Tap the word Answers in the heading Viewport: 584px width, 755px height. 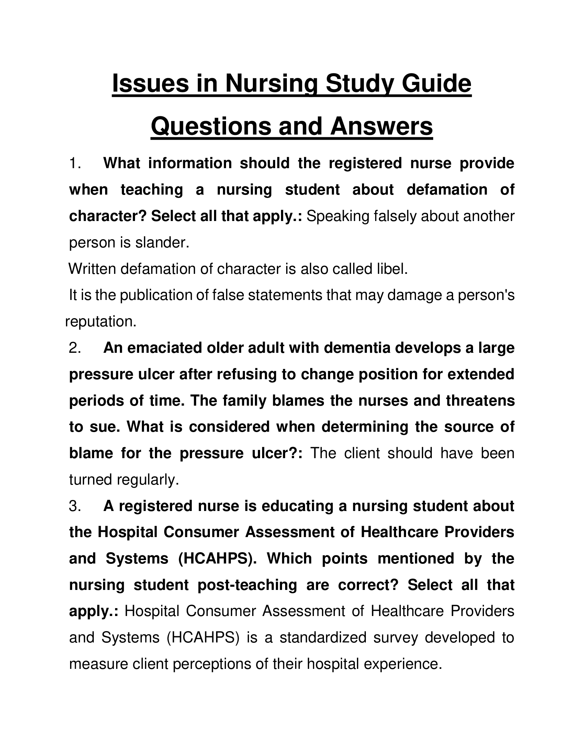381,126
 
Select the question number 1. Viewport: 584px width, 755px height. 75,163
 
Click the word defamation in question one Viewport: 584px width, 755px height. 447,190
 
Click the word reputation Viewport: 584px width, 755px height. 100,322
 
